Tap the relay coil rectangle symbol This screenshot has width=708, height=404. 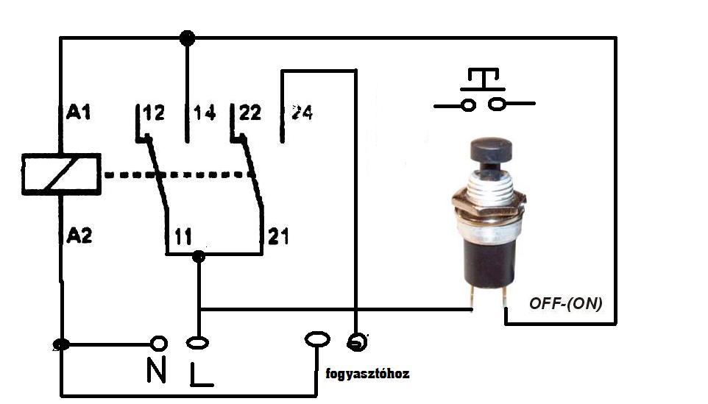pos(61,174)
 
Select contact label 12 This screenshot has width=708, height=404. pos(153,113)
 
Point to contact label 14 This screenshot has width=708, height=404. pos(204,113)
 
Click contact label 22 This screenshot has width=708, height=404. pos(249,113)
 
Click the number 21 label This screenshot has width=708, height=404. pos(278,236)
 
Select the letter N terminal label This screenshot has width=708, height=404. pos(156,369)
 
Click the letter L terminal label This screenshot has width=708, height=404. pos(201,374)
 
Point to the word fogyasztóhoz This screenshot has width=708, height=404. pos(367,374)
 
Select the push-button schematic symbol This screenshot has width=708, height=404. pos(483,91)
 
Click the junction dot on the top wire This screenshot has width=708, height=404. pos(187,37)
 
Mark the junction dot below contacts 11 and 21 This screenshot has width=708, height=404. pos(198,256)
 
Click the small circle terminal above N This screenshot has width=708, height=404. pos(157,343)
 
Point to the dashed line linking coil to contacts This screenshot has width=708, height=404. pos(177,175)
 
